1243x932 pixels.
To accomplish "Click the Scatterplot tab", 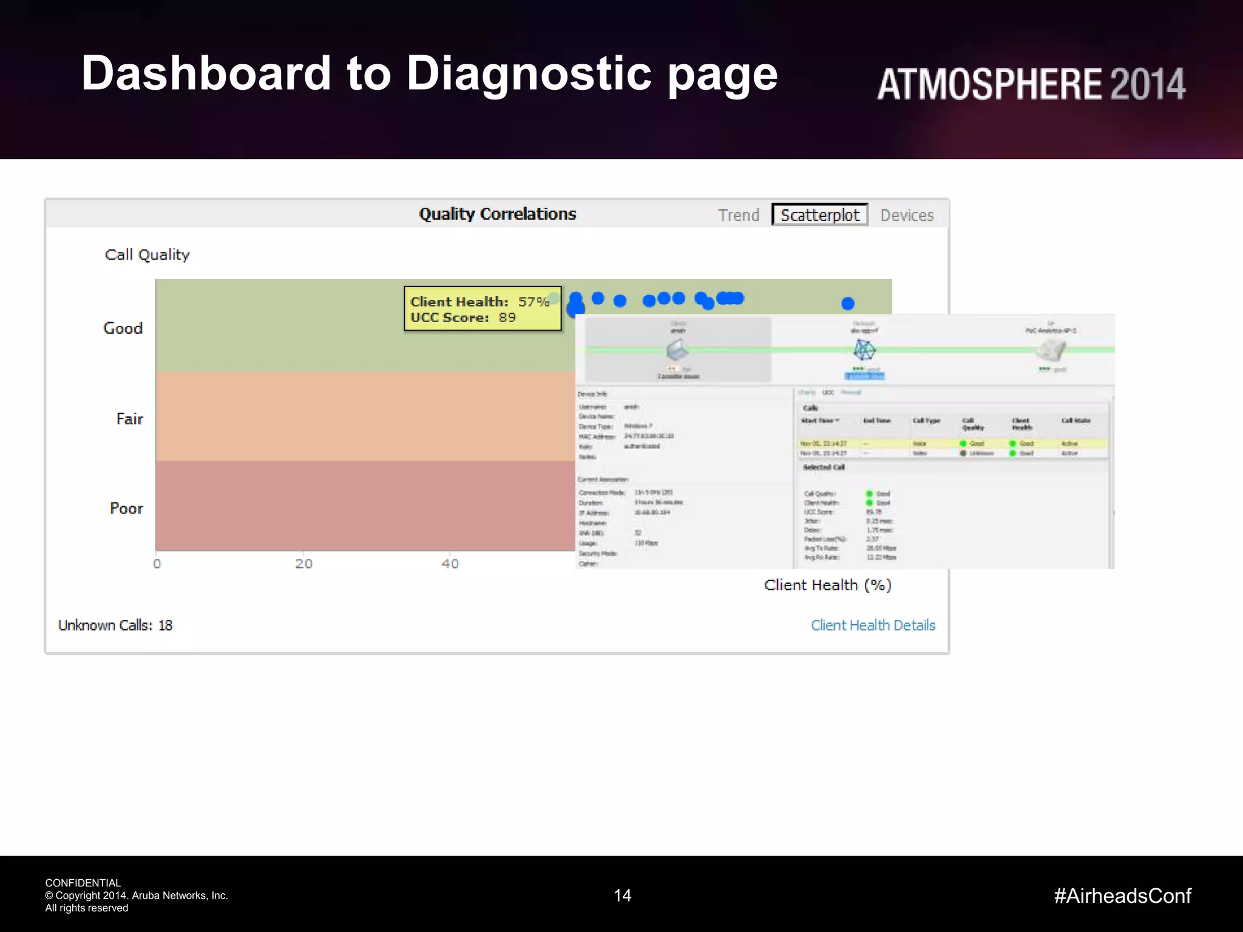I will [x=819, y=215].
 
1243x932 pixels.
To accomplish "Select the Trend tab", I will [x=739, y=215].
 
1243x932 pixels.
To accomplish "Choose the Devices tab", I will [x=907, y=215].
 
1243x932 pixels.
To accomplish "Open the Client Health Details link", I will [x=873, y=626].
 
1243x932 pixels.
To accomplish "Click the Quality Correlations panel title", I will [x=497, y=214].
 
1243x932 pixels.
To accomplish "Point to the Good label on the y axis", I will [x=123, y=328].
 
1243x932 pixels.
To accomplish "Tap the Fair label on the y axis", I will [x=129, y=419].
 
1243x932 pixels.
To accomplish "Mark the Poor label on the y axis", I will [x=126, y=508].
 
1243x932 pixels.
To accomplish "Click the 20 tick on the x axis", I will [x=304, y=564].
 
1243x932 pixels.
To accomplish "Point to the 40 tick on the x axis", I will [x=450, y=564].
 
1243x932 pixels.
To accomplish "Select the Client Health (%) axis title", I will [x=828, y=585].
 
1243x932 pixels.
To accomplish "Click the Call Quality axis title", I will [x=147, y=255].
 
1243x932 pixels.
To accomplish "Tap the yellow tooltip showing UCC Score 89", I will [x=483, y=309].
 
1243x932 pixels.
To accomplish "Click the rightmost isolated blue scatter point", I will [x=848, y=303].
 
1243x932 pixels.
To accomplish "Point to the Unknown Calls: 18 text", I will [x=115, y=626].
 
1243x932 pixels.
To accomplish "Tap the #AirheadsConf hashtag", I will [x=1123, y=896].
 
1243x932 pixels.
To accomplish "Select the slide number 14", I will [x=622, y=896].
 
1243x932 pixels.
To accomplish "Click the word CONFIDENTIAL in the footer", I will [x=83, y=883].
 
